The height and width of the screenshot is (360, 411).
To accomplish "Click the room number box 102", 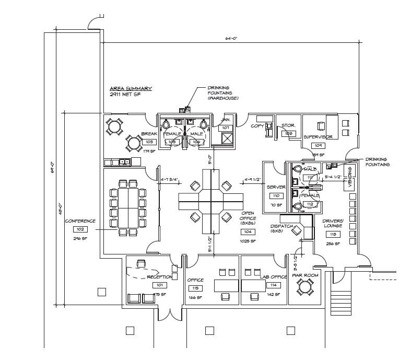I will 80,229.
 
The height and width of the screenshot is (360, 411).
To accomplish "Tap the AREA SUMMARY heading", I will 131,89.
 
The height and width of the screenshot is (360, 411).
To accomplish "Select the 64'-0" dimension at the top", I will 232,39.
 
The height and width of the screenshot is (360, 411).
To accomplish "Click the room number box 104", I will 247,231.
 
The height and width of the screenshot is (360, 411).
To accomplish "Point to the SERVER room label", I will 276,187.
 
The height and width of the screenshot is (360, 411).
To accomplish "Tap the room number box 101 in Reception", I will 159,285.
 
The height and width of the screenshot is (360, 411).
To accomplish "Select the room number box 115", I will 195,288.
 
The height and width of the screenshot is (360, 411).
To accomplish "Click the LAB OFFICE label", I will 273,277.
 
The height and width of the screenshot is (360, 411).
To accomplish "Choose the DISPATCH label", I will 281,226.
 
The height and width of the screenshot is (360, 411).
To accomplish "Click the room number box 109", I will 318,145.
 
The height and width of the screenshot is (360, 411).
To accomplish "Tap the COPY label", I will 257,126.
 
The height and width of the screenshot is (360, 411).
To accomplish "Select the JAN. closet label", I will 226,120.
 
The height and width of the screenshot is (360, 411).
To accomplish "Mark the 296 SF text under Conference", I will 80,238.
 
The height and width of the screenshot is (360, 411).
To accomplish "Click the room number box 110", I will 275,196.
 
